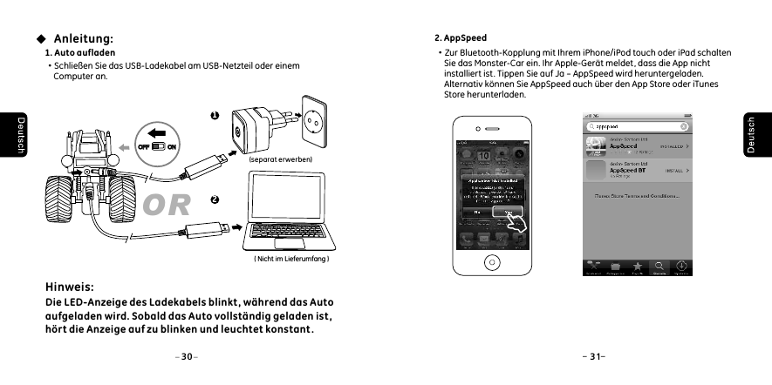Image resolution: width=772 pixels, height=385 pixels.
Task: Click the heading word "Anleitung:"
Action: pyautogui.click(x=83, y=38)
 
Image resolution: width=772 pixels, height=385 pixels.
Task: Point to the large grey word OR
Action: pyautogui.click(x=167, y=206)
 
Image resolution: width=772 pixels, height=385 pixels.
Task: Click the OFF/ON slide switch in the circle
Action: pyautogui.click(x=157, y=145)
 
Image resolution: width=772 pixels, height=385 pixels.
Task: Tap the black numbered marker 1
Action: pyautogui.click(x=214, y=115)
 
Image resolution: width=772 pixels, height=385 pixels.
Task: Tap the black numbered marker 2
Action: pyautogui.click(x=214, y=199)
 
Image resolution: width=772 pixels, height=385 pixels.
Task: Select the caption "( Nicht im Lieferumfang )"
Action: pyautogui.click(x=290, y=259)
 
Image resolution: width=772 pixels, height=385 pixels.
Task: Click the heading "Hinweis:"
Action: pyautogui.click(x=70, y=286)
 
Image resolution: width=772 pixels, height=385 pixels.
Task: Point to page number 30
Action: pyautogui.click(x=187, y=356)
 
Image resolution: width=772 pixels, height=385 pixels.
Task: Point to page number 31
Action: pyautogui.click(x=593, y=356)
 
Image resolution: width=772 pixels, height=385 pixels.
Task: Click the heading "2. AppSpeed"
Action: pyautogui.click(x=461, y=38)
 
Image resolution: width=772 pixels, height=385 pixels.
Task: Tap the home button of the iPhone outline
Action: pyautogui.click(x=493, y=261)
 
